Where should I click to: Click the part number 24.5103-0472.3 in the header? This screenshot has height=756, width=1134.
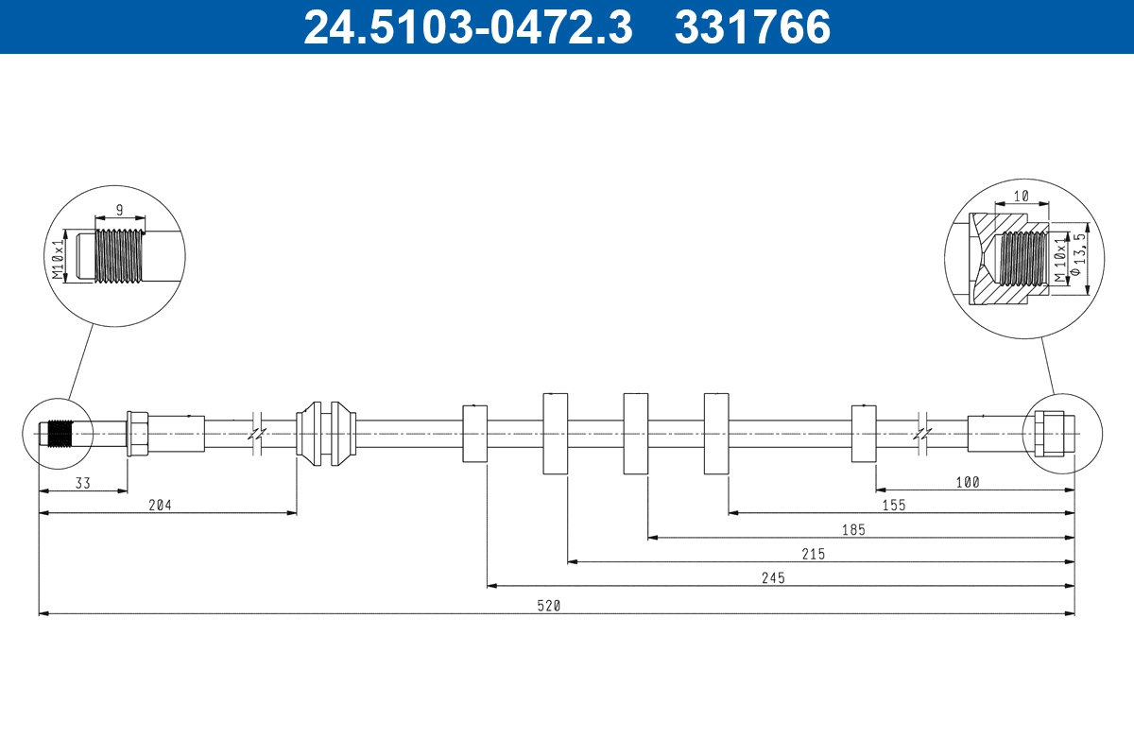[468, 26]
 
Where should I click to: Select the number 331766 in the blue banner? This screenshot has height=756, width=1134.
[752, 26]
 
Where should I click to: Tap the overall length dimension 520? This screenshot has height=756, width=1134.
[549, 606]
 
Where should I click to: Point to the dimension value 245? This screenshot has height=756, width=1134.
[773, 577]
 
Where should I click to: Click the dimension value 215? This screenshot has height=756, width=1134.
[813, 554]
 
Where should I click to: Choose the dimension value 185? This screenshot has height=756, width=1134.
[853, 529]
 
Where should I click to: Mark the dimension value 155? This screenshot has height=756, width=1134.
[894, 506]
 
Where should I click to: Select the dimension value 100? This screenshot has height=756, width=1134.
[968, 482]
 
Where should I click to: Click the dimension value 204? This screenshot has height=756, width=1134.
[160, 505]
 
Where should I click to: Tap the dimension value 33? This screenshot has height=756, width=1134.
[82, 483]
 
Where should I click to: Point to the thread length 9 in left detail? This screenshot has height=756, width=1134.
[119, 210]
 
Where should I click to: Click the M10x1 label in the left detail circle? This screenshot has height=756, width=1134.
[59, 259]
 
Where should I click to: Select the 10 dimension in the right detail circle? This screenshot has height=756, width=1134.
[1022, 196]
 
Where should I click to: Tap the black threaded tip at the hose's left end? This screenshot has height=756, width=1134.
[60, 434]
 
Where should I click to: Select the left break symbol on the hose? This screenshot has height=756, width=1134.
[257, 434]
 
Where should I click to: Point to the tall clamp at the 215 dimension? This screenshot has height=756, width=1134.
[556, 434]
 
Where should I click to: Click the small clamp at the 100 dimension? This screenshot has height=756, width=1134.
[864, 434]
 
